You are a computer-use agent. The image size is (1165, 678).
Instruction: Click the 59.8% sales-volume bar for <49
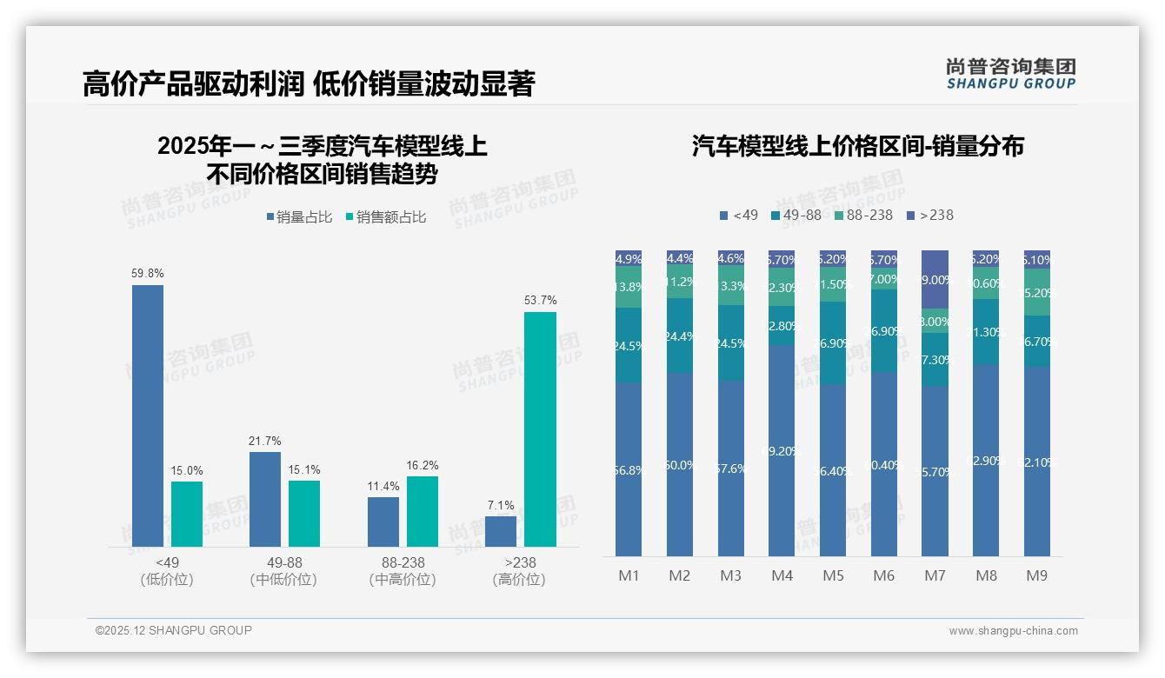tap(148, 415)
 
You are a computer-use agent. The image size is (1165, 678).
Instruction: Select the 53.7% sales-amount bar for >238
tap(540, 429)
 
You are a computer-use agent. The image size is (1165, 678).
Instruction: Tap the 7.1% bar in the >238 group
tap(501, 531)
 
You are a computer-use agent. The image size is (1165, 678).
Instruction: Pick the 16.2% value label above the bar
tap(422, 466)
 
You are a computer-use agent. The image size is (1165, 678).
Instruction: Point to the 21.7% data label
tap(265, 442)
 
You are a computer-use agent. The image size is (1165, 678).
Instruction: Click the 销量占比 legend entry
tap(299, 217)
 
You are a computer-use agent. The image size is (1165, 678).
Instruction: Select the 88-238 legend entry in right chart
tap(863, 215)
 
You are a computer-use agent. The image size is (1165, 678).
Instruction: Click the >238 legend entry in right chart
tap(930, 215)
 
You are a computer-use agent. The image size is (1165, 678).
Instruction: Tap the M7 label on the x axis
tap(935, 575)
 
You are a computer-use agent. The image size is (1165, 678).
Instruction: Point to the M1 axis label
tap(629, 575)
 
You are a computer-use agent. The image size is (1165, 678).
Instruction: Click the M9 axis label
tap(1036, 575)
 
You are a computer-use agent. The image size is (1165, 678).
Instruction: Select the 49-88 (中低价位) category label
tap(283, 571)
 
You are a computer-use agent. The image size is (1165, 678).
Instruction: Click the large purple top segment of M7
tap(935, 279)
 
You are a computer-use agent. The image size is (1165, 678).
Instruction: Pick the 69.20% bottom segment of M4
tap(782, 450)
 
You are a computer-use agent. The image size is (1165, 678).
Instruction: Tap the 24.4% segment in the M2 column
tap(680, 336)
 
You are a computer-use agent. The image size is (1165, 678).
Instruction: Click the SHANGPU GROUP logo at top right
tap(1010, 74)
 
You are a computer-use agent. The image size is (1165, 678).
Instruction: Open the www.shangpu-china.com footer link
tap(1013, 631)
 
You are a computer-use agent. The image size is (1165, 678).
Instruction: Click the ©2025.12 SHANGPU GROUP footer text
tap(174, 630)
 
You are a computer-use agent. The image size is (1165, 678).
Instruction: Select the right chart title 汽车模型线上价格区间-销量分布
tap(857, 146)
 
